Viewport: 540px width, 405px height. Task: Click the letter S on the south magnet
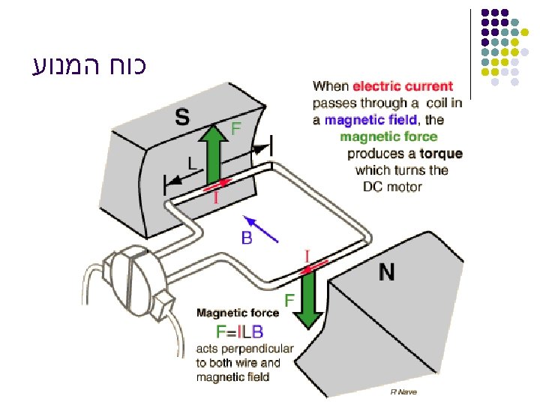tap(182, 117)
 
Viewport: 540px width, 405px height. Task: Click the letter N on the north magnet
tap(387, 272)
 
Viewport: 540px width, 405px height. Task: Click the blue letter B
tap(246, 239)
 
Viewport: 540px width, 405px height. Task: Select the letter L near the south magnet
tap(192, 161)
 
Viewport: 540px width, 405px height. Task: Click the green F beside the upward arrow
tap(235, 129)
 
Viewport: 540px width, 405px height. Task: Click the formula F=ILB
tap(239, 331)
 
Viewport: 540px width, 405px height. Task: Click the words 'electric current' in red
tap(403, 86)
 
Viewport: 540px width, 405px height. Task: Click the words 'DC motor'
tap(392, 187)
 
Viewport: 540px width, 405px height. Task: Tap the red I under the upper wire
tap(217, 198)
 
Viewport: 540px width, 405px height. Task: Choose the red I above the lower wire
tap(307, 256)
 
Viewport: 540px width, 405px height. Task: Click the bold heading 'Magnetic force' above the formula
tap(238, 313)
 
